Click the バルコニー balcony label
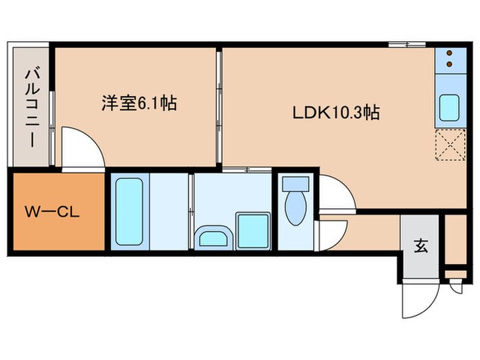click(32, 106)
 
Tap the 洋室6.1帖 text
click(139, 104)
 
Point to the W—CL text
click(53, 211)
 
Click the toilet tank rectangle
click(296, 183)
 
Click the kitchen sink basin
click(449, 107)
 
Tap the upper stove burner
click(449, 53)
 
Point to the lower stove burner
click(449, 64)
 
